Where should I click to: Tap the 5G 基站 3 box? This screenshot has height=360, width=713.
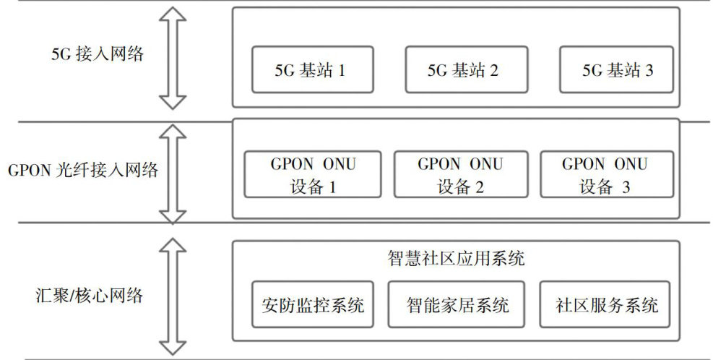click(618, 69)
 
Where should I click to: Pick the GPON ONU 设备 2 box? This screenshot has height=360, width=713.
click(460, 174)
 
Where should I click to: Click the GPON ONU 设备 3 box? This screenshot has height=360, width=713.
click(606, 174)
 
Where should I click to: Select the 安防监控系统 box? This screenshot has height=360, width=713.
click(313, 304)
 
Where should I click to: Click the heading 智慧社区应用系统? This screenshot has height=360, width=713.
click(456, 259)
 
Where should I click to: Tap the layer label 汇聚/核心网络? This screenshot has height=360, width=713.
click(90, 295)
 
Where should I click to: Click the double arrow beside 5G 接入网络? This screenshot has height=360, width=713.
click(173, 59)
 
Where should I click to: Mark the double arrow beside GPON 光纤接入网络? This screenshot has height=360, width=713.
click(173, 173)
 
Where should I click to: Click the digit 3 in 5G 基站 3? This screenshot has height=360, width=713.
click(649, 70)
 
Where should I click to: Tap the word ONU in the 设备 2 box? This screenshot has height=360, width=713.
click(486, 163)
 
